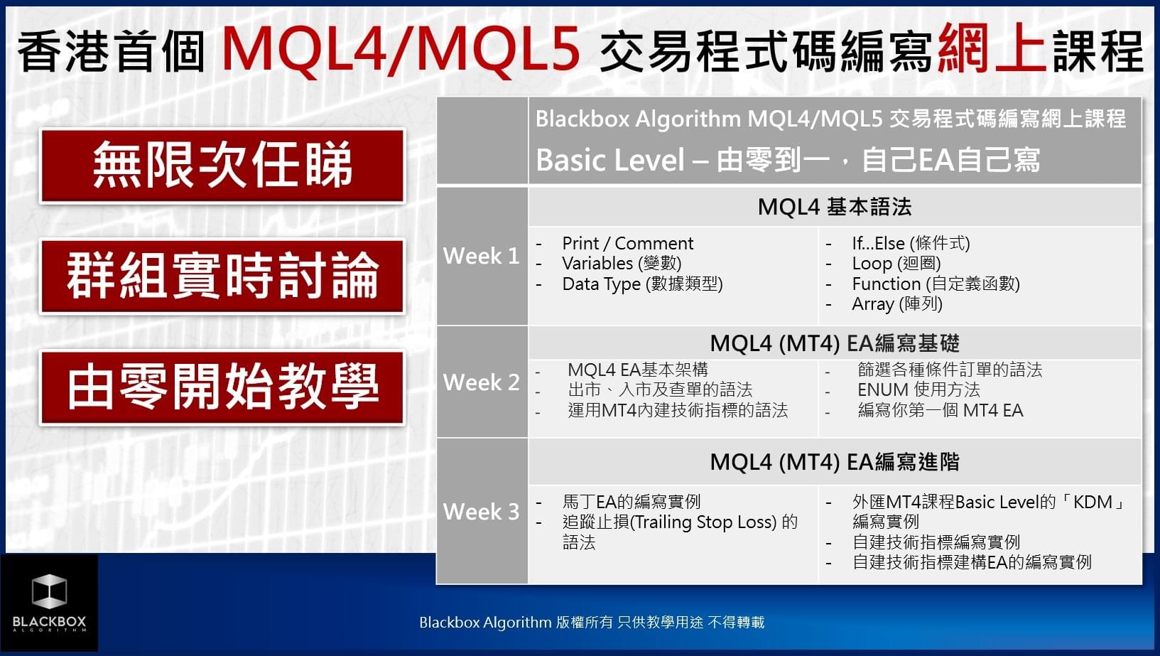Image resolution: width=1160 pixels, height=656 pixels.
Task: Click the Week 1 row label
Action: coord(481,256)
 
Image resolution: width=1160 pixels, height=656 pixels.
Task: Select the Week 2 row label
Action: coord(481,382)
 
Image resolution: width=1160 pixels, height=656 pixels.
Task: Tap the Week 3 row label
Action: coord(481,512)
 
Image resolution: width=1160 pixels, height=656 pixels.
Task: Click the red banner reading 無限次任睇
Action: coord(222,166)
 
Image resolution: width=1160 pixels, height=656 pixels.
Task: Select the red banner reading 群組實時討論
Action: coord(222,276)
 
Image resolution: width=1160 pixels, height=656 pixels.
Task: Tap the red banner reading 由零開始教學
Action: coord(222,387)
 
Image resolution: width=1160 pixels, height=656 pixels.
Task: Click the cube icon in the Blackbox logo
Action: coord(49,591)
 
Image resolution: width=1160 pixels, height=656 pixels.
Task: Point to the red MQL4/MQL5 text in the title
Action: coord(401,50)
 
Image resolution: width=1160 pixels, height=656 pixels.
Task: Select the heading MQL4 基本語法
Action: coord(834,207)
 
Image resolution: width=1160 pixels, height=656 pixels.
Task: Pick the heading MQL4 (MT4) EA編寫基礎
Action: coord(834,343)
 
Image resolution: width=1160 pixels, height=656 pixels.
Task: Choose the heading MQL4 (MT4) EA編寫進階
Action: coord(834,462)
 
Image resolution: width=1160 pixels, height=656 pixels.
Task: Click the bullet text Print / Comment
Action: coord(627,243)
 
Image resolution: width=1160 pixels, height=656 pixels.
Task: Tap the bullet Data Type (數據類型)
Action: coord(642,284)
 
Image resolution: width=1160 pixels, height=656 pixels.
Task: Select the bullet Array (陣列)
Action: coord(897,304)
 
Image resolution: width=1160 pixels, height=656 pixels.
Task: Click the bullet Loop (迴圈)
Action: coord(896,264)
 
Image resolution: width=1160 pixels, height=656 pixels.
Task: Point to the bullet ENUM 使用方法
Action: coord(918,389)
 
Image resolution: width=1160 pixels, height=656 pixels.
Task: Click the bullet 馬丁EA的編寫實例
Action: coord(632,502)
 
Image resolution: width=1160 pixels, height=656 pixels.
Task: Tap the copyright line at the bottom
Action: coord(592,623)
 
